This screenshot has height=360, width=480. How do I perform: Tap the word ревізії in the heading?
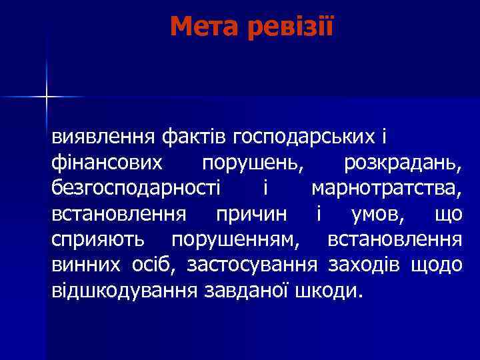coord(289,27)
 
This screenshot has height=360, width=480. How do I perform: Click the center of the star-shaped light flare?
coord(47,97)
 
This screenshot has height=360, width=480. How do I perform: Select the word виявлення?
coord(104,137)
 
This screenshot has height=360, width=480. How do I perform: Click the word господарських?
coord(304,137)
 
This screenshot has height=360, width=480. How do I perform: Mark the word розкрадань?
coord(402,163)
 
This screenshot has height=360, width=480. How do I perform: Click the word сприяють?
coord(100,239)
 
